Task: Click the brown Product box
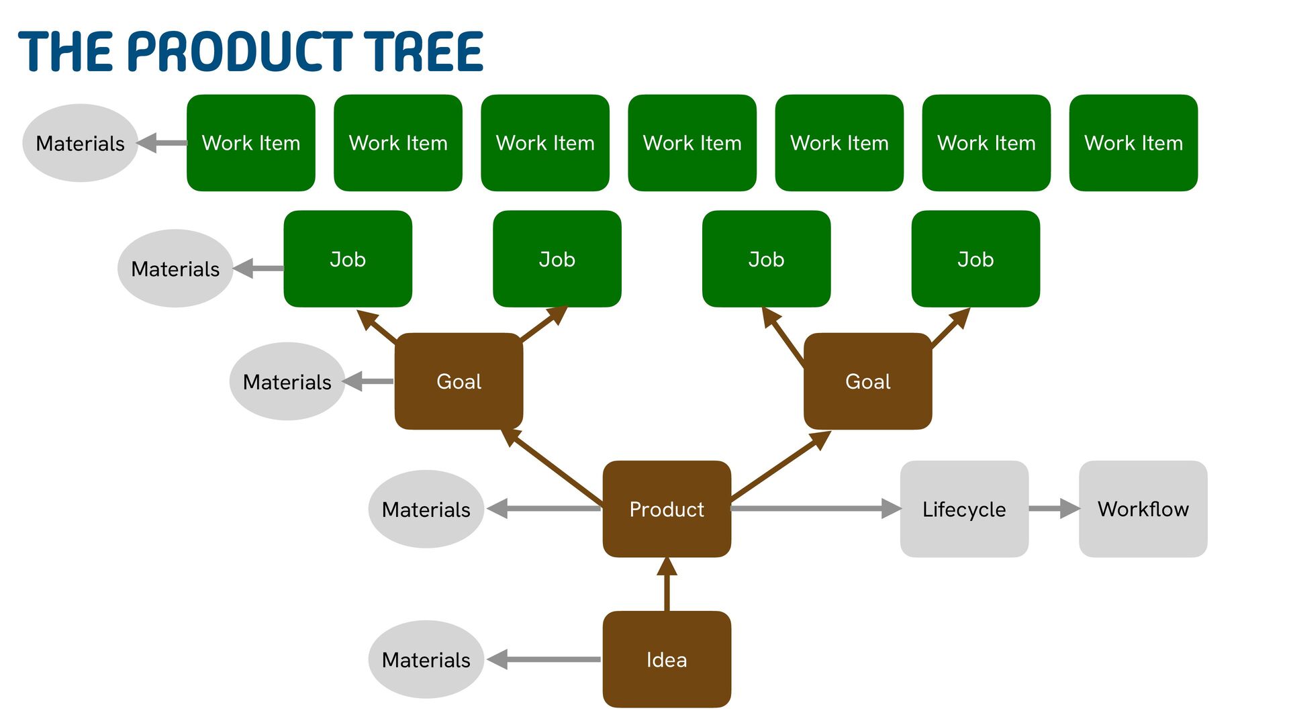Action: [667, 509]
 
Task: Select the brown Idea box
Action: [667, 659]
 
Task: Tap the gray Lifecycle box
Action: [964, 509]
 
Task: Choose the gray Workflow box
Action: [1143, 509]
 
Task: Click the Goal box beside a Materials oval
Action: [459, 381]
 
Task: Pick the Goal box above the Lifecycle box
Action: [867, 381]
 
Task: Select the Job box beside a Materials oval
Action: [348, 259]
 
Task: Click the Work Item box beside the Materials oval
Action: [250, 143]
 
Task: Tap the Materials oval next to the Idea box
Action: [426, 659]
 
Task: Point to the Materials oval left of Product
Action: [426, 509]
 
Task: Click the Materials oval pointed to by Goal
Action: [287, 381]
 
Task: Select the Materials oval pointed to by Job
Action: [175, 269]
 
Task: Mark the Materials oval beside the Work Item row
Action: [80, 143]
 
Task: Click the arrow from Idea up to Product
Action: [667, 584]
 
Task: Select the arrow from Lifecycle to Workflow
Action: [1053, 508]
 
